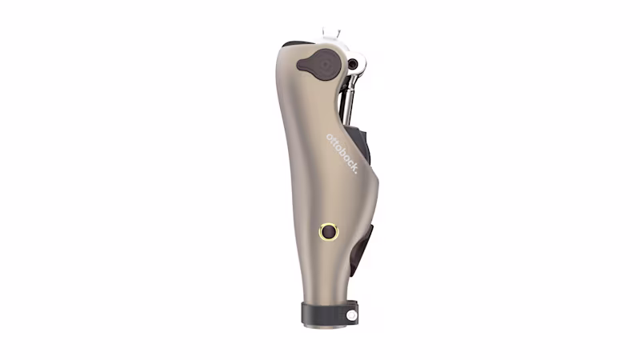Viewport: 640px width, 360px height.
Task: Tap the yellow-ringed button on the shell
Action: [x=328, y=232]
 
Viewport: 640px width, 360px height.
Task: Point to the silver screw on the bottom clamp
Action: [x=351, y=315]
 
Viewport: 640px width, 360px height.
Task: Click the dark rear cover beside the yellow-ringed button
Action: [x=364, y=244]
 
